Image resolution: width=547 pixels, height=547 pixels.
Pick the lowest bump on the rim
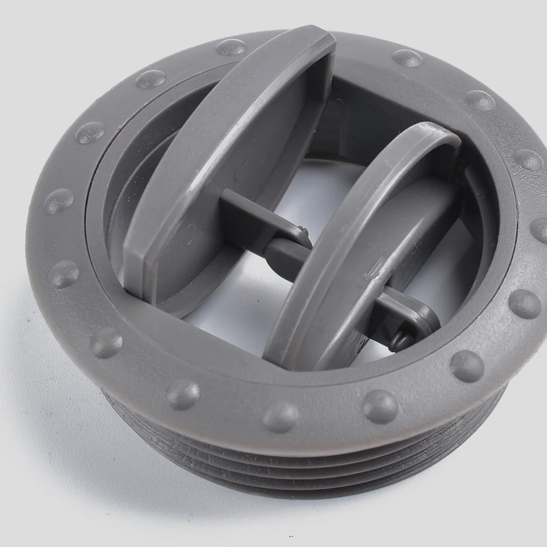coord(280,417)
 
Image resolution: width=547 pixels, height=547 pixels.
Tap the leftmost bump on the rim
coord(58,201)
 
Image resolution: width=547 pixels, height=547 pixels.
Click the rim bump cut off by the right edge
coord(539,229)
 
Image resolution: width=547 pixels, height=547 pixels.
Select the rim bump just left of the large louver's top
coord(231,47)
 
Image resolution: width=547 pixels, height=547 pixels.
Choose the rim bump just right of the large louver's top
coord(407,58)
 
